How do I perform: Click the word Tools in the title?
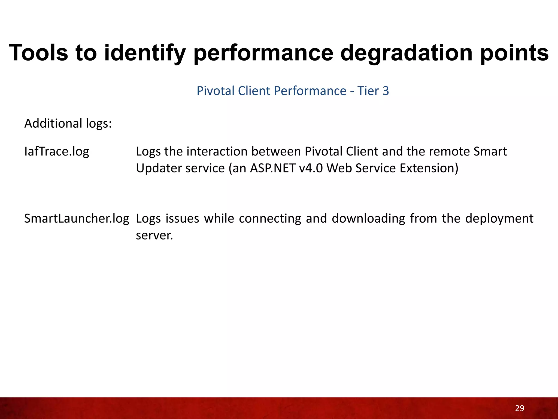[38, 53]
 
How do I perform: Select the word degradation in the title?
[406, 53]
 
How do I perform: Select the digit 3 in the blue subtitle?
[386, 91]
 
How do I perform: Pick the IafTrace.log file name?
[57, 152]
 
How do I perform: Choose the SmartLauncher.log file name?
[77, 219]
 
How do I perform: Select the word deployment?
[499, 219]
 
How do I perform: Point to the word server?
[154, 235]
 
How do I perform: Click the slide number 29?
[520, 408]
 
